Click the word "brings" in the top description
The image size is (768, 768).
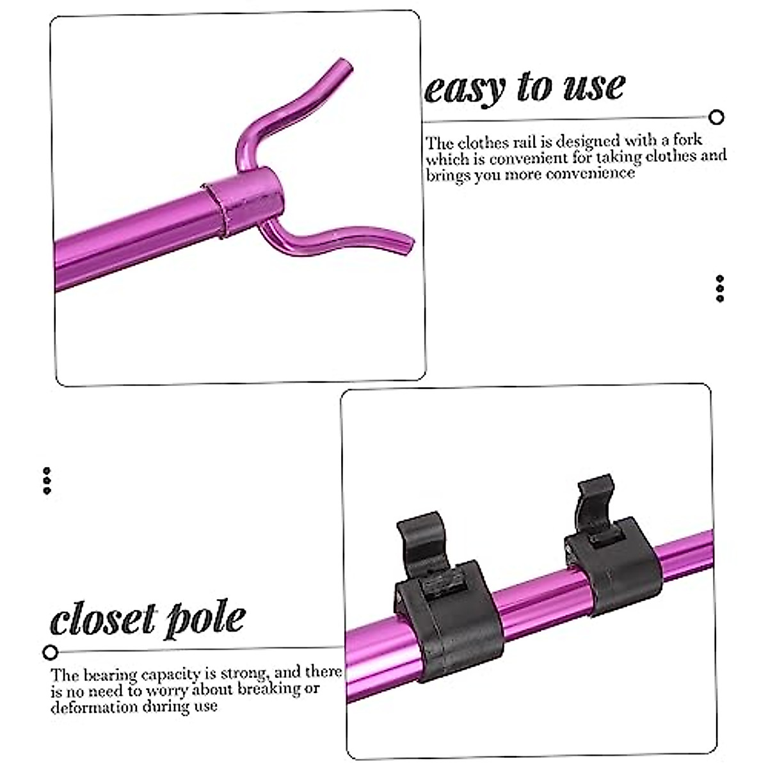click(x=448, y=175)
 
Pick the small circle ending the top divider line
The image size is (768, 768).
click(x=717, y=117)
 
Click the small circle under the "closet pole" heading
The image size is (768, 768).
click(x=51, y=653)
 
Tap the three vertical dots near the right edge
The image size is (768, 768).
click(x=720, y=289)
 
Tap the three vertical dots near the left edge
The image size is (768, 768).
click(x=47, y=481)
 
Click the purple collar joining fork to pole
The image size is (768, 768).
click(x=243, y=198)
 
